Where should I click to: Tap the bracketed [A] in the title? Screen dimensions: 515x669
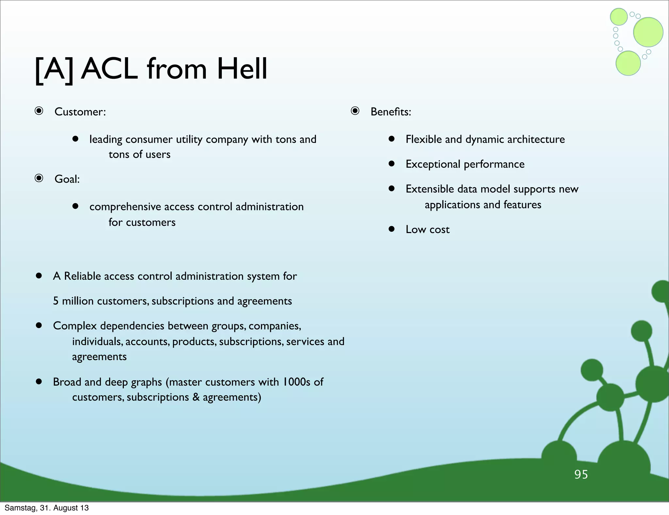point(54,70)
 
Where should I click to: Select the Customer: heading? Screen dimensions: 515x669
point(80,112)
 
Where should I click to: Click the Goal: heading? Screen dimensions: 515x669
point(67,179)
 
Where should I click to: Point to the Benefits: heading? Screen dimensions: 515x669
point(391,112)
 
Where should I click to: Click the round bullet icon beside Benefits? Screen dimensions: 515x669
point(355,111)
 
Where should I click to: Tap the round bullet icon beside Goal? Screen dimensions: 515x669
point(39,178)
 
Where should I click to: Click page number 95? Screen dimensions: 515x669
point(581,474)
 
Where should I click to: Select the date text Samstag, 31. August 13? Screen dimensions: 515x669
point(46,508)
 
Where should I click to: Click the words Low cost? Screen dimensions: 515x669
point(427,229)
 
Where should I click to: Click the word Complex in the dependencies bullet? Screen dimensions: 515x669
point(75,326)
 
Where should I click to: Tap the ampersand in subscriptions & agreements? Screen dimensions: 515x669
point(196,397)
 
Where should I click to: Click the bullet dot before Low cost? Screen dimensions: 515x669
point(392,229)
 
